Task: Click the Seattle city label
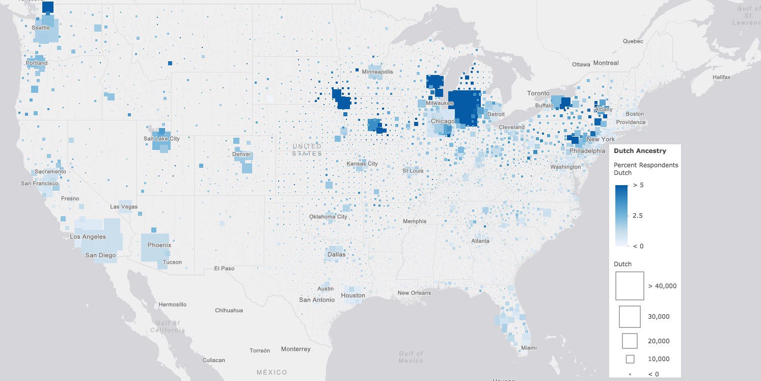[41, 28]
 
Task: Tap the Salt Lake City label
[161, 139]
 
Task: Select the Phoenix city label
[159, 245]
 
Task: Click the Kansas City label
[362, 164]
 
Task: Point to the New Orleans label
[414, 293]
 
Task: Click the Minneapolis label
[377, 72]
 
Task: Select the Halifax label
[721, 77]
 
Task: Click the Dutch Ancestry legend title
[639, 151]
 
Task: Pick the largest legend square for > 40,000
[630, 286]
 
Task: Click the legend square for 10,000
[630, 359]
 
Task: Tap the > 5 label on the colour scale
[638, 185]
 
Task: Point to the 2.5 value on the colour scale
[637, 216]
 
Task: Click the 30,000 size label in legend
[659, 317]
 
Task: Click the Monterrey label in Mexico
[295, 349]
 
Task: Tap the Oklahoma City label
[328, 217]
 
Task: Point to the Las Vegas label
[124, 207]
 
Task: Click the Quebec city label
[633, 41]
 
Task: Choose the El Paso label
[224, 268]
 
